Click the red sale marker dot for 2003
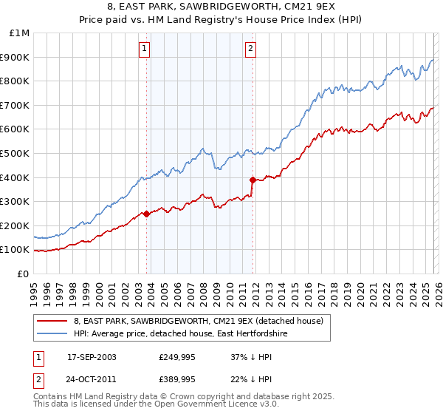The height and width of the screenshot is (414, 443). click(x=146, y=214)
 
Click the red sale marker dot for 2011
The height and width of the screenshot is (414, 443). click(x=252, y=180)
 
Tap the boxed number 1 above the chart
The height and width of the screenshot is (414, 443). click(x=144, y=50)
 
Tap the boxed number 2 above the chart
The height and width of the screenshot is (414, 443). click(x=251, y=50)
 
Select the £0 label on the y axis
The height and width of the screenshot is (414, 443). click(x=24, y=274)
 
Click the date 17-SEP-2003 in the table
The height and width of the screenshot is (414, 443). click(x=92, y=357)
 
